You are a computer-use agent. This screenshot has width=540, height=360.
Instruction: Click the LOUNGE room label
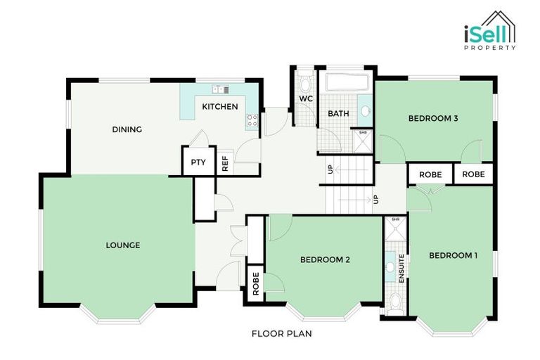tap(123, 245)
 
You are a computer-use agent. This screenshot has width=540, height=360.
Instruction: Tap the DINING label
tap(127, 129)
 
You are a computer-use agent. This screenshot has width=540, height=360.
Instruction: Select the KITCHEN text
tap(220, 107)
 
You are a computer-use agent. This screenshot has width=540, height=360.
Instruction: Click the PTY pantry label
tap(198, 162)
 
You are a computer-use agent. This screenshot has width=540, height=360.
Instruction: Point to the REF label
tap(225, 164)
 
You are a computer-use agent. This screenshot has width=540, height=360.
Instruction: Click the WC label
tap(305, 99)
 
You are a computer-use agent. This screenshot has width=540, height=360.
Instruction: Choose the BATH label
tap(338, 113)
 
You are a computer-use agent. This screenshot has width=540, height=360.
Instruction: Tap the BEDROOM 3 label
tap(433, 118)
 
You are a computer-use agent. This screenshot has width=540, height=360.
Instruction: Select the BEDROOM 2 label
tap(325, 259)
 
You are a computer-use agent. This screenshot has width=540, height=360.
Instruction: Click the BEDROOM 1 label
tap(453, 255)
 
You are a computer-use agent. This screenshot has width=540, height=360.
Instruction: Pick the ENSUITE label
tap(401, 270)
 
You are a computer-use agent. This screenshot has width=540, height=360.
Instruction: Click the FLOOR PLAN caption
tap(281, 334)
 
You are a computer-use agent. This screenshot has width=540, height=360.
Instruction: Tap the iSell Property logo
tap(489, 31)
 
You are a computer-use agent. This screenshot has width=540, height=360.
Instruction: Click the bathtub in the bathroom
tap(347, 82)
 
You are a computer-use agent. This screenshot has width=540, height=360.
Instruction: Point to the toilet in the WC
tap(305, 84)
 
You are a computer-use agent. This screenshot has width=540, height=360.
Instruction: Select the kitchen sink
tap(220, 90)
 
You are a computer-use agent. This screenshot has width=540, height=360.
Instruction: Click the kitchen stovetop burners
tap(252, 122)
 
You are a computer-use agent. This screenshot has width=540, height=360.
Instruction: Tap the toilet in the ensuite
tap(396, 302)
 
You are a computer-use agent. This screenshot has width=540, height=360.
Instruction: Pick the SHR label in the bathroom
tap(363, 132)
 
